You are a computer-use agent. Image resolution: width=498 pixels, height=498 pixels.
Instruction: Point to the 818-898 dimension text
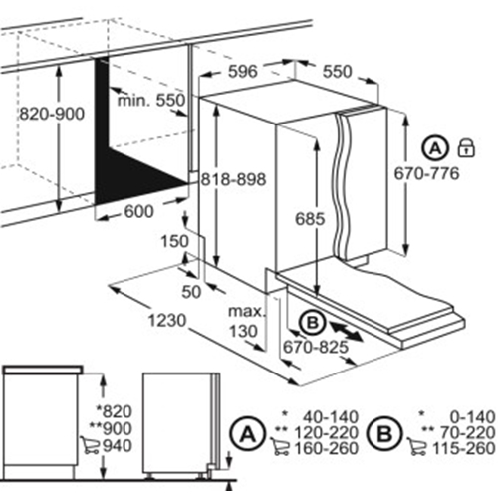232,179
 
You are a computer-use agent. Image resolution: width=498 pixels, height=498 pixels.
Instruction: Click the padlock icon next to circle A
464,148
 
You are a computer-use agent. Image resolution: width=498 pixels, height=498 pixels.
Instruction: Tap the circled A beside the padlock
436,148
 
